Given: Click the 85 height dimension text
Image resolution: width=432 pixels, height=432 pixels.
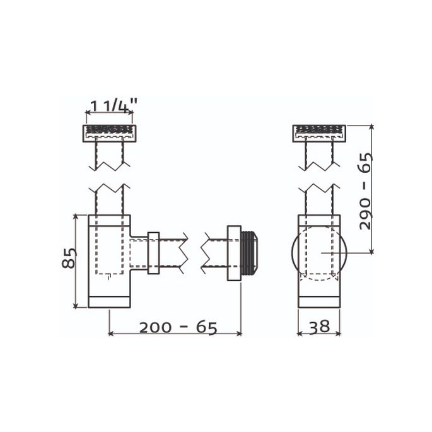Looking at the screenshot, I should click(69, 258).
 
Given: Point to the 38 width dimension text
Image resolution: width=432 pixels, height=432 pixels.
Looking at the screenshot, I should click(319, 327).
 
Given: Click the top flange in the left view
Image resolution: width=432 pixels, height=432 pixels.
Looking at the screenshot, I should click(109, 132).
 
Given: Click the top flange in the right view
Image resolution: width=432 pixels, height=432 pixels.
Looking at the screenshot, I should click(319, 132).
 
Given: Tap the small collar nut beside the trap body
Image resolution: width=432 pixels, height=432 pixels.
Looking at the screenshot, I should click(153, 254).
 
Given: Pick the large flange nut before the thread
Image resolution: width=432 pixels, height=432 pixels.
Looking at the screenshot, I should click(234, 253).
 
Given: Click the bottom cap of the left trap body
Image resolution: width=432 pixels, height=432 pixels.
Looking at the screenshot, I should click(109, 301).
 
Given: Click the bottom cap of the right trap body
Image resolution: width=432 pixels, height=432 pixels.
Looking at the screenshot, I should click(319, 301).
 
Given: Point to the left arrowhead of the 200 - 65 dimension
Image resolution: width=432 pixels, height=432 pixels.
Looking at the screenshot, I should click(111, 333).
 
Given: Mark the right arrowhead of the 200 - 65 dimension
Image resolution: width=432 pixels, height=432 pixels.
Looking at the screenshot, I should click(239, 333).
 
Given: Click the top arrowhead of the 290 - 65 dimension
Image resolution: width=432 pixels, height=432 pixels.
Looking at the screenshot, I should click(371, 128).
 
